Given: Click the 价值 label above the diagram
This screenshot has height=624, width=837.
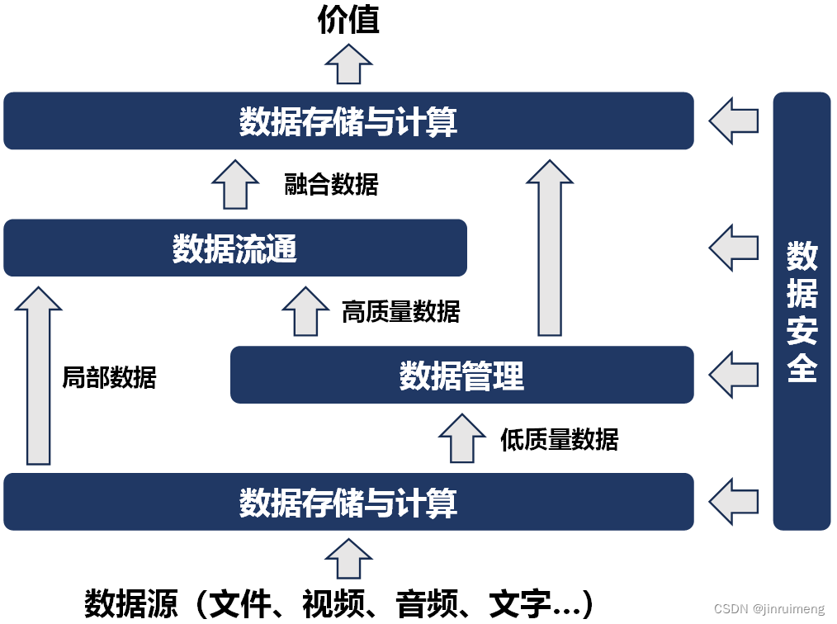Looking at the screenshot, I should click(x=348, y=21).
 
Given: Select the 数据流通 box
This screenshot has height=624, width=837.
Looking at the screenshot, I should click(x=234, y=248).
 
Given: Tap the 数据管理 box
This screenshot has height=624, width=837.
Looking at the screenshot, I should click(x=461, y=376).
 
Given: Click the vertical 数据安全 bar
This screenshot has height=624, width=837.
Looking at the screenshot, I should click(x=802, y=311).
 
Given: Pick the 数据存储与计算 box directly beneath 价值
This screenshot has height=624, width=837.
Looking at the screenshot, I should click(x=348, y=121).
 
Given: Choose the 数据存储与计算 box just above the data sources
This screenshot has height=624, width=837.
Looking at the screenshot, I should click(x=348, y=502).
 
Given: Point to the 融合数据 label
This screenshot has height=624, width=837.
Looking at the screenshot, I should click(x=331, y=184).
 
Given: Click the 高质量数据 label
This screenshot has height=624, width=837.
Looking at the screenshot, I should click(x=400, y=311).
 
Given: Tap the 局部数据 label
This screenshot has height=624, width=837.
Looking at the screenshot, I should click(x=109, y=377).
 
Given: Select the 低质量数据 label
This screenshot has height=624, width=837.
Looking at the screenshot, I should click(x=559, y=439).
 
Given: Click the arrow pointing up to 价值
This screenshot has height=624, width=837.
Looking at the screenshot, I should click(x=348, y=63).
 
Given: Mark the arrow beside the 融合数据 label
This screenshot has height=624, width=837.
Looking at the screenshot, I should click(x=235, y=183).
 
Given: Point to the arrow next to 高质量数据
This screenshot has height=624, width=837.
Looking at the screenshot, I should click(x=305, y=311).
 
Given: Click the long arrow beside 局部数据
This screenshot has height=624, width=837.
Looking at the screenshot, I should click(x=39, y=376).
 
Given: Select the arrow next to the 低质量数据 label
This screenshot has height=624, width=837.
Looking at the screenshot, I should click(x=461, y=438).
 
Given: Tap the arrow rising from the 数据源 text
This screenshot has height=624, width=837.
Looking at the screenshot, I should click(x=348, y=559).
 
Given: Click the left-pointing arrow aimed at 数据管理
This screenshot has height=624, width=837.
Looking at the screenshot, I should click(x=734, y=375).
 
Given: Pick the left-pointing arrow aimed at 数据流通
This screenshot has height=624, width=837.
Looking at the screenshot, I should click(x=734, y=248).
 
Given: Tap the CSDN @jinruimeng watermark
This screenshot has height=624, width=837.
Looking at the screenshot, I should click(x=768, y=609).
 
